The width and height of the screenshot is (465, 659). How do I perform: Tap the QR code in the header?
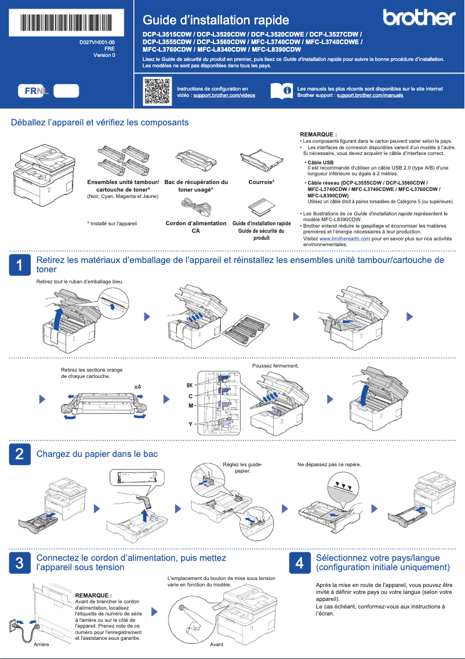click(157, 91)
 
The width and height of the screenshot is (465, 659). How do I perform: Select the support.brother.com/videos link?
click(224, 95)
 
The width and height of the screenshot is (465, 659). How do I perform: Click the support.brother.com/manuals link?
click(369, 95)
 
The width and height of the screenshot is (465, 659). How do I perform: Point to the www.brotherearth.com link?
click(344, 239)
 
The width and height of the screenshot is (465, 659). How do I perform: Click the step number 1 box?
click(20, 265)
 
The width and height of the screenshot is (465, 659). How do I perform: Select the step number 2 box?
click(20, 453)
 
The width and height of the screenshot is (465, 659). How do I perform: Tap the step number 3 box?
click(20, 562)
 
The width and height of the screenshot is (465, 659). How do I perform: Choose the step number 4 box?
click(299, 562)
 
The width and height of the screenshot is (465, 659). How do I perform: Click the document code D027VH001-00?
click(97, 43)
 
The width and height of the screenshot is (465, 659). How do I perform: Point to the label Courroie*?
click(261, 182)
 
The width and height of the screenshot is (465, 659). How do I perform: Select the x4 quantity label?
click(137, 387)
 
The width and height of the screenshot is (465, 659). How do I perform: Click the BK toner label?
click(189, 386)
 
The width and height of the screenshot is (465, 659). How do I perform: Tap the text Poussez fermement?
click(275, 366)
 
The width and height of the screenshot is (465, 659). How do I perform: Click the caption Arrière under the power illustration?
click(41, 645)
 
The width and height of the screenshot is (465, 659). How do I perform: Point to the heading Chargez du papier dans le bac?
click(97, 453)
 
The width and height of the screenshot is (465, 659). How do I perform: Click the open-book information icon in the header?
click(282, 91)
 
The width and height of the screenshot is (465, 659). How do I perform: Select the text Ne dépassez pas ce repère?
click(329, 464)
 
